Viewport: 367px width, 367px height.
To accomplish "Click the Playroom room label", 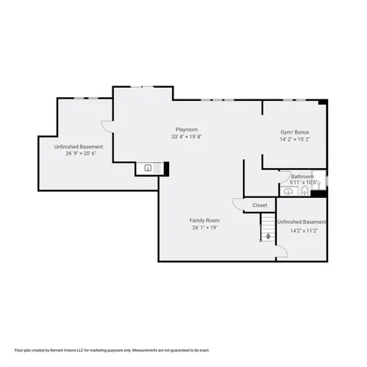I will coord(187,130).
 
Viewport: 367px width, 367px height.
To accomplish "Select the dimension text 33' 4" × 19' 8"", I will coord(187,138).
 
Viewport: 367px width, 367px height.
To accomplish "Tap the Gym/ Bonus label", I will coord(294,132).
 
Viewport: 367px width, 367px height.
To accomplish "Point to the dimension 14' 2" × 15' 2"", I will coord(294,140).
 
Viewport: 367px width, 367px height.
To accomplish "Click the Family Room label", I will coord(204,220).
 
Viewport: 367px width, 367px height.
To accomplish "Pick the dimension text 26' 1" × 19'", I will coord(204,227).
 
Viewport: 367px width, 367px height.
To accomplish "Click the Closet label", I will coord(260,205).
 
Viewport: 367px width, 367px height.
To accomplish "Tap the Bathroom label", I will coord(302,176).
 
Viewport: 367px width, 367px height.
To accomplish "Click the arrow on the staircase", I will coord(268,235).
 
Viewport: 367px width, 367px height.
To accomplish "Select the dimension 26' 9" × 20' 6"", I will coord(78,154).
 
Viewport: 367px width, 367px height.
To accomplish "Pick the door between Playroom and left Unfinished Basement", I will coord(107,125).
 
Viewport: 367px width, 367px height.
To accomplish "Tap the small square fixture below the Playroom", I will coord(148,168).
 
